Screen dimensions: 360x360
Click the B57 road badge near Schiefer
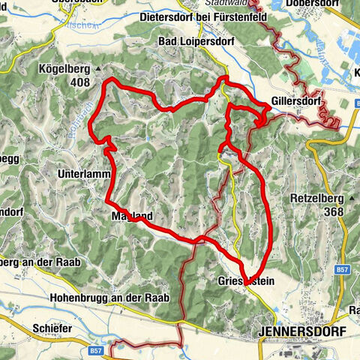(96, 349)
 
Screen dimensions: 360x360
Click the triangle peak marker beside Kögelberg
(98, 68)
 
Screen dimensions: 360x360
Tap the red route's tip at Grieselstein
(246, 283)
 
